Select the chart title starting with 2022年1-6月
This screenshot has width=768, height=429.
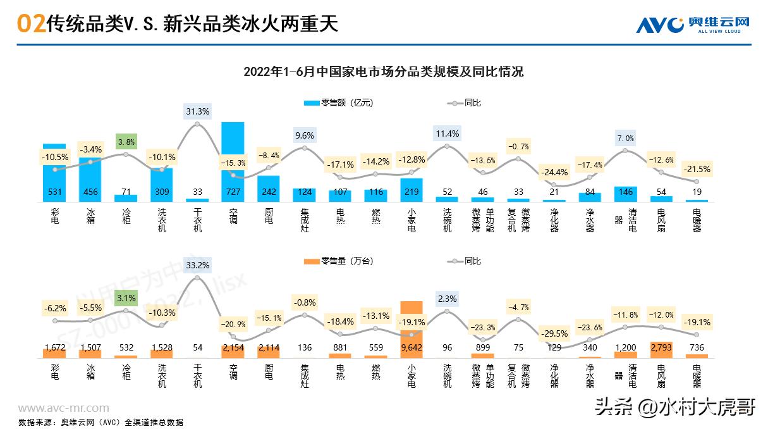coord(384,71)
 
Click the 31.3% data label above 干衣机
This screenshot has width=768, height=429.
coord(198,111)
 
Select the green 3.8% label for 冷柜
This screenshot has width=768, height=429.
coord(126,142)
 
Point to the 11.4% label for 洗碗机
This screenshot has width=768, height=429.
coord(447,134)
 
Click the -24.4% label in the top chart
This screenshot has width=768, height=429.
coord(554,172)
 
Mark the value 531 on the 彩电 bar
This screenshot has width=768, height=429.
coord(54,192)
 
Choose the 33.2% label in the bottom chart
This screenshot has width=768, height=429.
coord(198,265)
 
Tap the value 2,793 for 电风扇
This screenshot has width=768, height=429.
coord(661,347)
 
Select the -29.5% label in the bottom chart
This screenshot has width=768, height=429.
coord(554,333)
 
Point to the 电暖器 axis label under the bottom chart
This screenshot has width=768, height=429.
coord(697,375)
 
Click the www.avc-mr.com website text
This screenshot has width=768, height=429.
coord(63,408)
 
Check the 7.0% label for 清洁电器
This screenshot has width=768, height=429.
coord(625,138)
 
